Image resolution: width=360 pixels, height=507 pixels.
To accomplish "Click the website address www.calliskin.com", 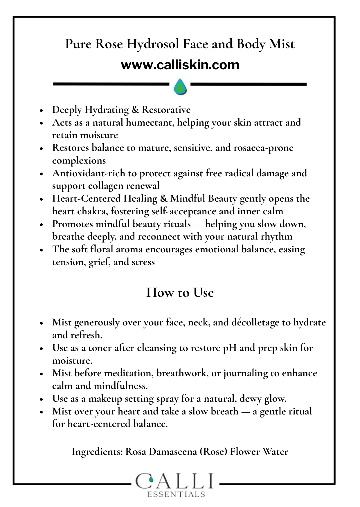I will tap(180, 65).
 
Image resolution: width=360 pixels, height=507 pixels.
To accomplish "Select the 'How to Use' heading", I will tap(180, 292).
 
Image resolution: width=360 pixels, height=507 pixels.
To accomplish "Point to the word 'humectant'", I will tap(150, 122).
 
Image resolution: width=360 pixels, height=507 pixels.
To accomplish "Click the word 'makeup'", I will tap(105, 399).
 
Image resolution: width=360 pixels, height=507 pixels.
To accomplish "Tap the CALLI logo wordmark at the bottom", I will tap(175, 481).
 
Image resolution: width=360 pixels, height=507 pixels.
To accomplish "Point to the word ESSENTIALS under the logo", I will tap(176, 494).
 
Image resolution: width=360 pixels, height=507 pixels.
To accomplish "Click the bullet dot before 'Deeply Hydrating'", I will tap(42, 110).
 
